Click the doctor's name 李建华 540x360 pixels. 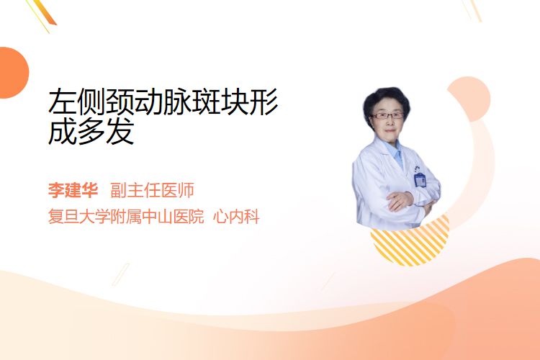pos(73,190)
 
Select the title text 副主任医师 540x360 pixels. pos(152,190)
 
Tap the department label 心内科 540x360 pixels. pos(236,217)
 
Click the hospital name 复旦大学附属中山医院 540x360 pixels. pos(126,217)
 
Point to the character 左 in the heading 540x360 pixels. pos(63,102)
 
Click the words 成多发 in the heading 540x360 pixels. pos(91,131)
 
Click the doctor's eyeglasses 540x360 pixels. pos(387,115)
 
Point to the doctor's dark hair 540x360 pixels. pos(386,98)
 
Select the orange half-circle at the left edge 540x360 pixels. pos(13,73)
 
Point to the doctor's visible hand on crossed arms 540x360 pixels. pos(400,200)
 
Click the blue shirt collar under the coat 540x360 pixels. pos(395,152)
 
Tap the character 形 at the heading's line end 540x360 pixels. pos(264,102)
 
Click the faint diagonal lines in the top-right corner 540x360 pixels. pos(472,10)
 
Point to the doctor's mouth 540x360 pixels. pos(390,130)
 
